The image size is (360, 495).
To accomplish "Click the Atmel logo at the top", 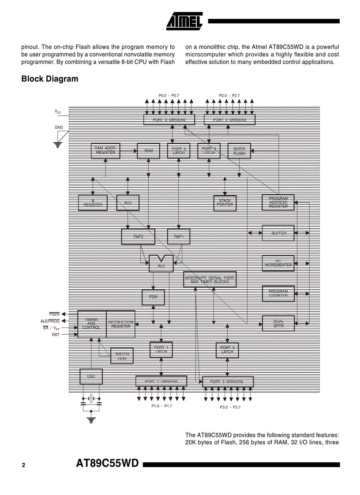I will pyautogui.click(x=184, y=21).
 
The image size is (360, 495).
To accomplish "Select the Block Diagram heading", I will pyautogui.click(x=50, y=79).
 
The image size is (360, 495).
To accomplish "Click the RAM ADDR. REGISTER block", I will pyautogui.click(x=105, y=151).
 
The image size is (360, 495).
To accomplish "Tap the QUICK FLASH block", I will pyautogui.click(x=239, y=151).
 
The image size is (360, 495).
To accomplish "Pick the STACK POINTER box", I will pyautogui.click(x=225, y=203).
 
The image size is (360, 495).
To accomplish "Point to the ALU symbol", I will pyautogui.click(x=161, y=263).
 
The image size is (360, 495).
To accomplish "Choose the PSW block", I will pyautogui.click(x=153, y=297).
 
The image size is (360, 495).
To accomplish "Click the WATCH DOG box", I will pyautogui.click(x=122, y=356).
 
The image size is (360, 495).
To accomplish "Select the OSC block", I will pyautogui.click(x=91, y=376).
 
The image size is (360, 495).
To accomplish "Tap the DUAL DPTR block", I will pyautogui.click(x=278, y=324).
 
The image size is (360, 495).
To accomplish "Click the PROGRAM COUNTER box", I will pyautogui.click(x=278, y=294).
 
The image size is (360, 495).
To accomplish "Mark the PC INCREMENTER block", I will pyautogui.click(x=278, y=263).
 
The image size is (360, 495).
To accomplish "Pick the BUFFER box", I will pyautogui.click(x=278, y=233).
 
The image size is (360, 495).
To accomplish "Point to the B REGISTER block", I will pyautogui.click(x=93, y=203).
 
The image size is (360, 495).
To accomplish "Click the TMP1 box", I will pyautogui.click(x=179, y=237).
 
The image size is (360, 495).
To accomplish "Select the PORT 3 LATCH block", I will pyautogui.click(x=227, y=350).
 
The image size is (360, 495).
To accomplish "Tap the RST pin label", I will pyautogui.click(x=55, y=335).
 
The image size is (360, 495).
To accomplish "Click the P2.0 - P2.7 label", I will pyautogui.click(x=229, y=96).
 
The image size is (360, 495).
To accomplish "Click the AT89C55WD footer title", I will pyautogui.click(x=108, y=464).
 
